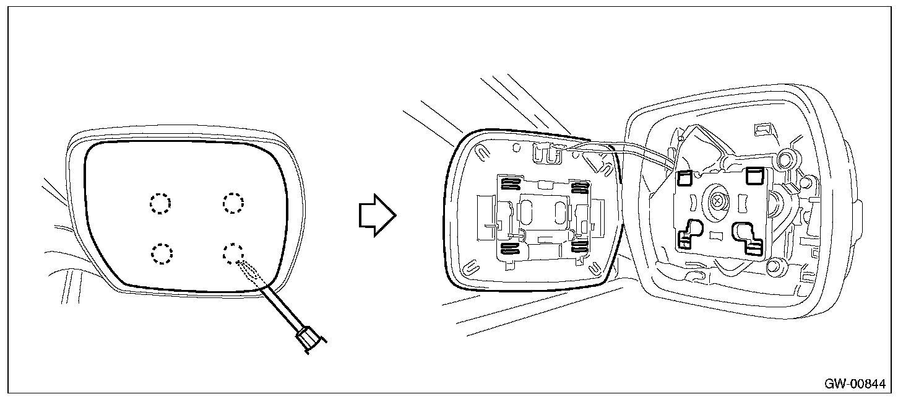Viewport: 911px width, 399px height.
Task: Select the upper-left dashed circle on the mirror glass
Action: click(160, 203)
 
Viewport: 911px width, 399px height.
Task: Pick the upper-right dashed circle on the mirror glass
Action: click(233, 202)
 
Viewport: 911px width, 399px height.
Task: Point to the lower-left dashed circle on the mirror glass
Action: click(162, 253)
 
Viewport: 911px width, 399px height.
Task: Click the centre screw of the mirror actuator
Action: click(719, 201)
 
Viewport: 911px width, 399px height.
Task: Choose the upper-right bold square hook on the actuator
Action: click(754, 176)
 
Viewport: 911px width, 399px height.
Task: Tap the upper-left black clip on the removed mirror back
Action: click(509, 184)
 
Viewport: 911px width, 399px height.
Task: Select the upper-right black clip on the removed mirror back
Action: click(579, 187)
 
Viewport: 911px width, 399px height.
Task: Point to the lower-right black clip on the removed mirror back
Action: click(579, 246)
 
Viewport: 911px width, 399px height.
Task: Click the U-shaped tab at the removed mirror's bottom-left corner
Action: click(472, 268)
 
